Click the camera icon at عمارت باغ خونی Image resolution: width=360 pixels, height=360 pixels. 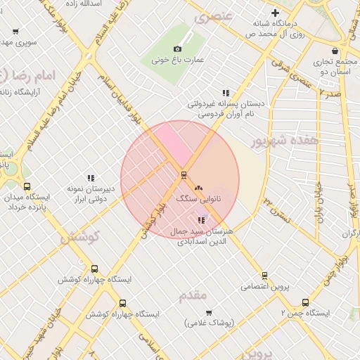177,49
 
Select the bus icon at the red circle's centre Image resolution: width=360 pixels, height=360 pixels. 184,174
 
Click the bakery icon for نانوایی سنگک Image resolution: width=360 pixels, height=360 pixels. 198,188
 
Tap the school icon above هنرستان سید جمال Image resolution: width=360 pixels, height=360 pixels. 202,220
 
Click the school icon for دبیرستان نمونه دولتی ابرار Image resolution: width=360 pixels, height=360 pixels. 90,178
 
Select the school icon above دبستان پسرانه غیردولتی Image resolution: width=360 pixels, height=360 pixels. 226,92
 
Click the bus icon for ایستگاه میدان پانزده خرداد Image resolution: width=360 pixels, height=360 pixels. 27,187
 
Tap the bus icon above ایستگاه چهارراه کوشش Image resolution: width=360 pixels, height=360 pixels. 95,269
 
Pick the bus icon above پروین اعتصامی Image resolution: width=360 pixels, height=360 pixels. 264,276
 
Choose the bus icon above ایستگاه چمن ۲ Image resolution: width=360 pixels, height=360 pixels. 305,302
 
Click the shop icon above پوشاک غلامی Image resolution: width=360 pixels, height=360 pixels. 209,312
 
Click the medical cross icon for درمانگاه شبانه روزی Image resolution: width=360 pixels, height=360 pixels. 275,13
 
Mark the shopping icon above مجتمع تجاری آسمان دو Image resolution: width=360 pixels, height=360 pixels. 335,51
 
